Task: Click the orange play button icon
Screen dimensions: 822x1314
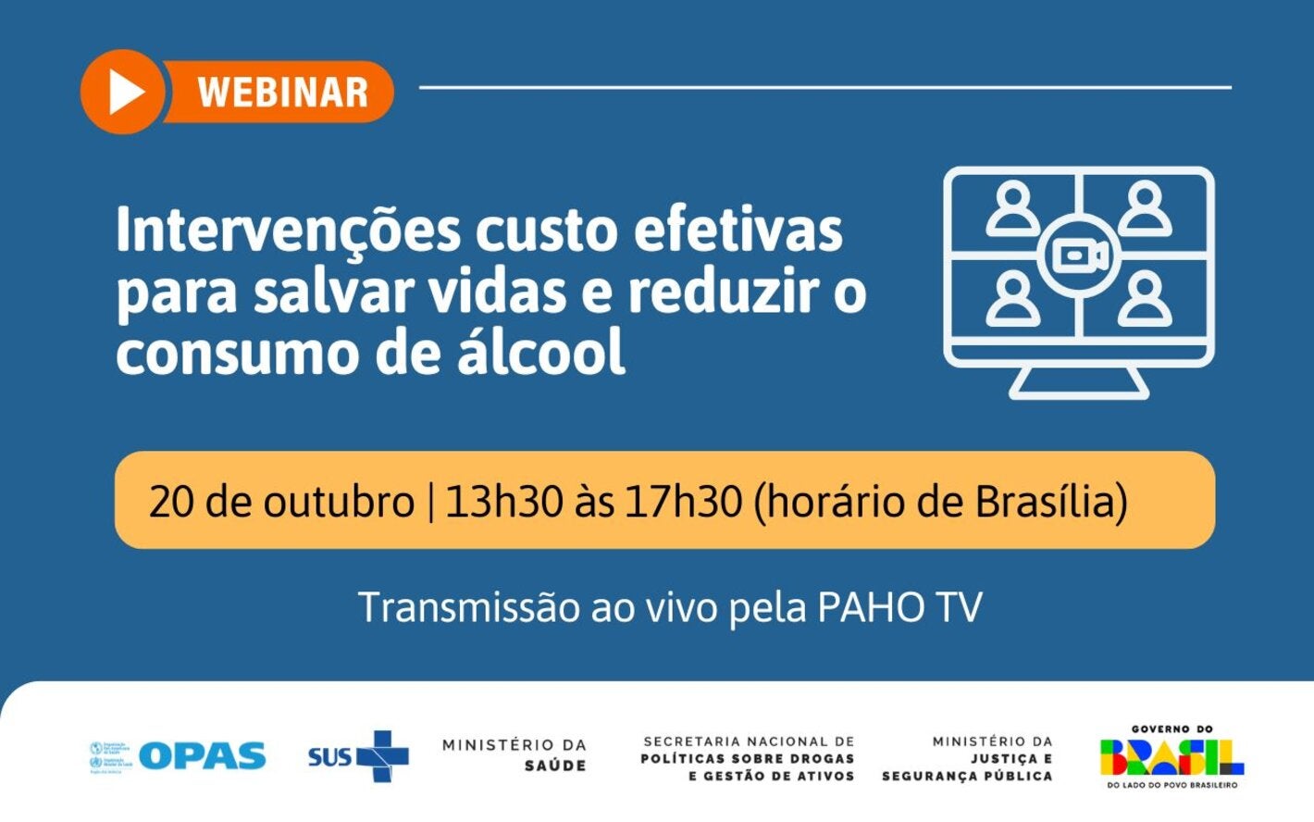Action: (123, 92)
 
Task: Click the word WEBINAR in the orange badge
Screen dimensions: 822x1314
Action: (282, 93)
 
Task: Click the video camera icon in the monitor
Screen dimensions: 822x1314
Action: (1079, 256)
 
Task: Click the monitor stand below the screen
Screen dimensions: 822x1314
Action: (1079, 381)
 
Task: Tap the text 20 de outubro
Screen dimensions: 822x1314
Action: (280, 502)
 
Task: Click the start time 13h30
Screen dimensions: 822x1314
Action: (503, 502)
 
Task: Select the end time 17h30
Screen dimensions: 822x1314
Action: (683, 502)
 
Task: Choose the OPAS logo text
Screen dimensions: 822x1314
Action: (203, 756)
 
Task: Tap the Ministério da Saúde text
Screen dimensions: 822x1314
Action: (514, 754)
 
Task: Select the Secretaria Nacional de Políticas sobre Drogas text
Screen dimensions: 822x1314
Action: (748, 758)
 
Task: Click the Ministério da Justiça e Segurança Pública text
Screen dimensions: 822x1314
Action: (967, 758)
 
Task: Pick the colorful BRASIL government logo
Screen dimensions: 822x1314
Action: (1171, 757)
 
